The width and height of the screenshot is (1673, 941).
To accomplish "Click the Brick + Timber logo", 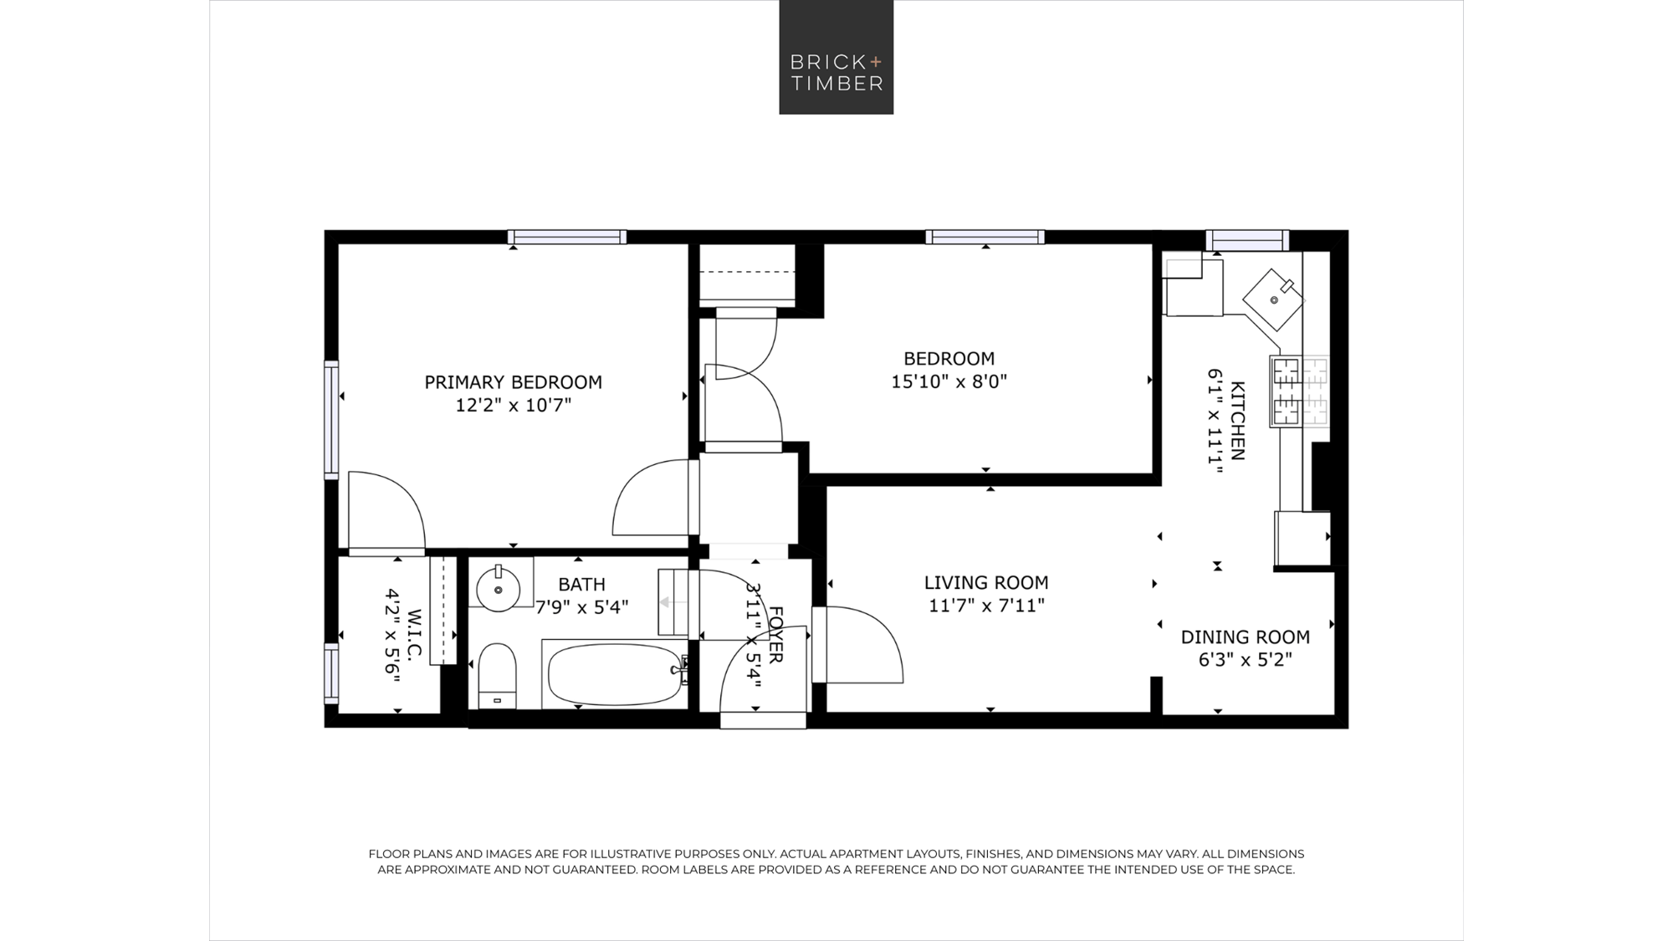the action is (x=836, y=57).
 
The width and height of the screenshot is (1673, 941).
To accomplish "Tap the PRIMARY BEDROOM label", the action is (x=513, y=382).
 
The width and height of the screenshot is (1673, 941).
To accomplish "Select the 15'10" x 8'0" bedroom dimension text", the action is (x=949, y=381).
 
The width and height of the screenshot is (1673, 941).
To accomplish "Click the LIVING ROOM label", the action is (x=986, y=583).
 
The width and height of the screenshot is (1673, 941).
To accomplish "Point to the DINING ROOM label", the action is (x=1245, y=637).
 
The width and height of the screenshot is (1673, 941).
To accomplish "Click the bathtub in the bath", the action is (x=615, y=673).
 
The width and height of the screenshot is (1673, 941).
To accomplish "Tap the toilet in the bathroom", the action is (x=497, y=676).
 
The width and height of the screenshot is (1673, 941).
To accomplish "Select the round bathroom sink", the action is (x=498, y=589).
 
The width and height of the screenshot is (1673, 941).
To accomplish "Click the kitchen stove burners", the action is (x=1299, y=391).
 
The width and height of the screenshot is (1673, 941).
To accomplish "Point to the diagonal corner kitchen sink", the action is (x=1273, y=299).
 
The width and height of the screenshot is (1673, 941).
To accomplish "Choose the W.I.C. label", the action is (x=415, y=633).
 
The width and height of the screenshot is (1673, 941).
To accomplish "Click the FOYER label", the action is (x=775, y=635).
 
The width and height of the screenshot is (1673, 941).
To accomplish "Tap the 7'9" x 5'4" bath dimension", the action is (x=581, y=607).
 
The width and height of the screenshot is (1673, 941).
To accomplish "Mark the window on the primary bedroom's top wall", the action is (x=567, y=237).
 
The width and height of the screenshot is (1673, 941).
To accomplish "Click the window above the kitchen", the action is (x=1247, y=240).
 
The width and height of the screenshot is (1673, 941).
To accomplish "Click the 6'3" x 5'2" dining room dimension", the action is (x=1245, y=660).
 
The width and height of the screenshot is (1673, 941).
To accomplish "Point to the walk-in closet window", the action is (x=332, y=673).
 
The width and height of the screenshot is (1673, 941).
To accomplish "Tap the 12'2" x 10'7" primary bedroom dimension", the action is (x=513, y=406).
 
